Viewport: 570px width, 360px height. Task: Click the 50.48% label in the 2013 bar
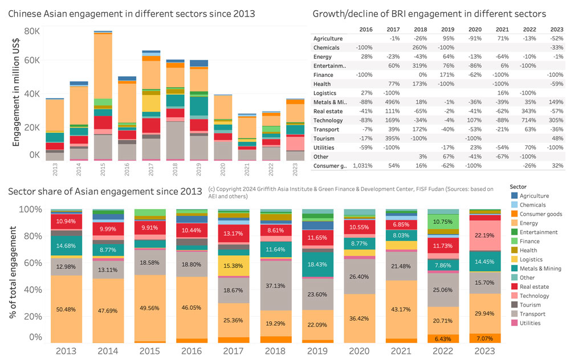click(x=66, y=310)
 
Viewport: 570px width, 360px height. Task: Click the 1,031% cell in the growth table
click(x=363, y=166)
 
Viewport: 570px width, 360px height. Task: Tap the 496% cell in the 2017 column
click(x=393, y=102)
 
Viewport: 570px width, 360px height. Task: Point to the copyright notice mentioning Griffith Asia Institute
click(x=351, y=193)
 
